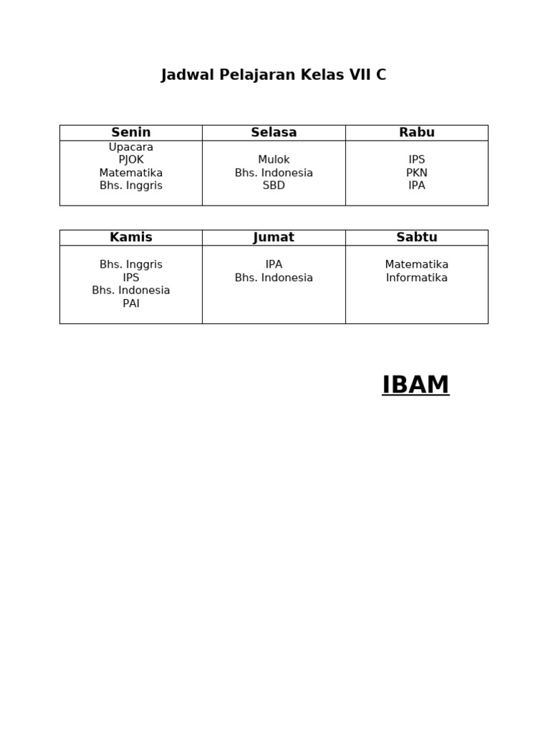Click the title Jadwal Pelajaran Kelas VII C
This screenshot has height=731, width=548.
point(273,75)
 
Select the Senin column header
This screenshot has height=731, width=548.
point(131,133)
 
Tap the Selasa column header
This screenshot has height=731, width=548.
point(273,133)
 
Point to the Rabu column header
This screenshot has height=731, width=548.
point(417,133)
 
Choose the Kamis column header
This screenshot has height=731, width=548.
point(131,238)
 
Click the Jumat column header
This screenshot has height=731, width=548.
point(273,238)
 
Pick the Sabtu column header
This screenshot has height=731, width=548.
point(417,238)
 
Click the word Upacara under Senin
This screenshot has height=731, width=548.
point(131,147)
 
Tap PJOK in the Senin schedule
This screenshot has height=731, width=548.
point(131,160)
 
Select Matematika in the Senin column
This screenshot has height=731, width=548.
point(131,173)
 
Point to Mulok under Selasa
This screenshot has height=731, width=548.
point(273,160)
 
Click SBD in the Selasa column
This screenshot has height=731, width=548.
point(273,186)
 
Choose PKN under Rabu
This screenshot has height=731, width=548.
point(417,173)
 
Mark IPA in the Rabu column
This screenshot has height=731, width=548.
point(417,186)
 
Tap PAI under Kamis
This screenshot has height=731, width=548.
point(131,303)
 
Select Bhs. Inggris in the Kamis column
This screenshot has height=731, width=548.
point(131,265)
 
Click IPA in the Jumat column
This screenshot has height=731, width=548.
point(273,265)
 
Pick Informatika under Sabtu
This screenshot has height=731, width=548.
point(417,278)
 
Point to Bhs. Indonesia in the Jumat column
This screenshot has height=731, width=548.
point(273,278)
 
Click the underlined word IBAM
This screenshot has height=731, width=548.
point(415,385)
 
